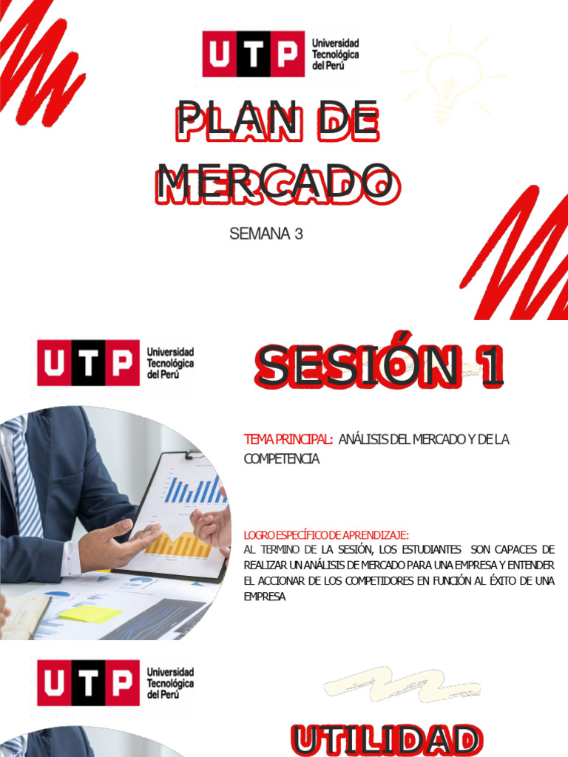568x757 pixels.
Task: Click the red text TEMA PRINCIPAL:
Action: [x=288, y=440]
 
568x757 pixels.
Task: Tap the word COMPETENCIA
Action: [x=281, y=459]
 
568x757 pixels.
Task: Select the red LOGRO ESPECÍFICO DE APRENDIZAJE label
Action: [x=326, y=534]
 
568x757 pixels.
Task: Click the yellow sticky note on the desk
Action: [x=90, y=614]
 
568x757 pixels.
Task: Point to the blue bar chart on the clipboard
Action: [x=195, y=489]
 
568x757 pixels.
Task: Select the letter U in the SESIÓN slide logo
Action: [x=54, y=363]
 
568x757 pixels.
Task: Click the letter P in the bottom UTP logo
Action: [x=122, y=683]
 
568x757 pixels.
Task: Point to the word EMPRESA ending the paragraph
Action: [x=264, y=596]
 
